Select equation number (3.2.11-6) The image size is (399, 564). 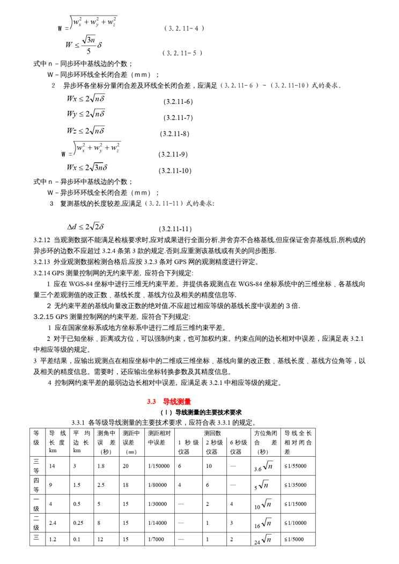click(x=178, y=101)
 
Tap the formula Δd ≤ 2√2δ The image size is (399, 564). click(x=85, y=226)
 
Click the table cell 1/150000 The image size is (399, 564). click(x=158, y=466)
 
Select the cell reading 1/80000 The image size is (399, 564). click(x=157, y=485)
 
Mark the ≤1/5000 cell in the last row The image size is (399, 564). click(x=294, y=539)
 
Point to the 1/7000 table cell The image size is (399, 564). click(x=156, y=539)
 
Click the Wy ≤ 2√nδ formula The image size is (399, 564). click(x=86, y=114)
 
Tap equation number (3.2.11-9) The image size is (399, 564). click(x=173, y=154)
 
